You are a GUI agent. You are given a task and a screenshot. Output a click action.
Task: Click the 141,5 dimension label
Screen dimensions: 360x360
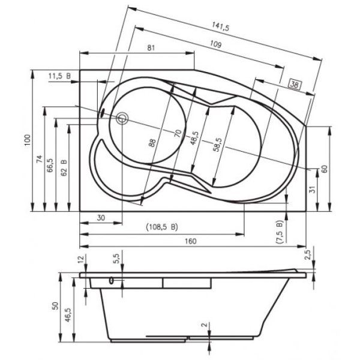coord(220,26)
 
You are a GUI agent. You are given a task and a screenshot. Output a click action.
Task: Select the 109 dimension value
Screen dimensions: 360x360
coord(215,44)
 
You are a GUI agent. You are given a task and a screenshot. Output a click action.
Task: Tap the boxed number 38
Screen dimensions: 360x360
coord(295,85)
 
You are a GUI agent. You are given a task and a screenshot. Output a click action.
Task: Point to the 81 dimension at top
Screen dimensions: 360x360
coord(151,48)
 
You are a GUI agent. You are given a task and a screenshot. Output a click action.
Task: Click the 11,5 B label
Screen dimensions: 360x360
coord(59,76)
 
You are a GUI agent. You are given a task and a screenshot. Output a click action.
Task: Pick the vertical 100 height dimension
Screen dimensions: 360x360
coord(28,140)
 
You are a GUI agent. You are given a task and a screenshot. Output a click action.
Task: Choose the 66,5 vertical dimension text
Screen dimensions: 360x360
coord(50,165)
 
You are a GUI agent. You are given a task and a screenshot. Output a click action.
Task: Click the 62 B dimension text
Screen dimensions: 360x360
coord(64,167)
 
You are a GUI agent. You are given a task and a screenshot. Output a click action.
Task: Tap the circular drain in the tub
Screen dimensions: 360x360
coord(122,118)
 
